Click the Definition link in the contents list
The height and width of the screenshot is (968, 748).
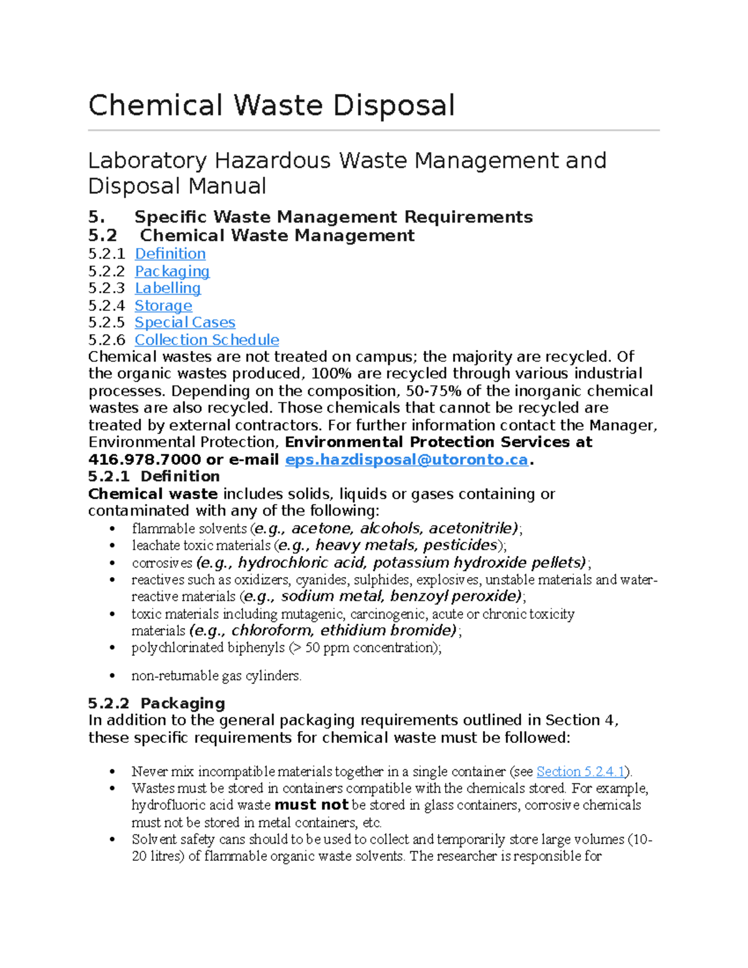(170, 254)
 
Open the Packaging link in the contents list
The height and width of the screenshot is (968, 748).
(172, 271)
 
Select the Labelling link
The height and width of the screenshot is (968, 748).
(168, 288)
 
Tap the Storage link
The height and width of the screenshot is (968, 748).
(163, 305)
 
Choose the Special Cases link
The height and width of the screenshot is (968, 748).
(185, 322)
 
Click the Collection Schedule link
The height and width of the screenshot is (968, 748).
(207, 340)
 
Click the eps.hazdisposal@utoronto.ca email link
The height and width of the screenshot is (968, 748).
(406, 460)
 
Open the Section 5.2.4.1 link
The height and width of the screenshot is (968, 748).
(580, 772)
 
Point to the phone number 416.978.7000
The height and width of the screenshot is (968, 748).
(145, 460)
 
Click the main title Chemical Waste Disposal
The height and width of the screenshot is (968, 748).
(271, 105)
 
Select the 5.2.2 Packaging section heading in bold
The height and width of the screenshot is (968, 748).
(156, 703)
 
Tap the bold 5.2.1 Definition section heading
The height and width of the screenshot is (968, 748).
(154, 476)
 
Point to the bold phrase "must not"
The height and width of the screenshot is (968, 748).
(311, 805)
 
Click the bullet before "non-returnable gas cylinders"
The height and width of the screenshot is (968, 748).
(112, 676)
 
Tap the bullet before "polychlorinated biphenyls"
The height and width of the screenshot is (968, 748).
(112, 648)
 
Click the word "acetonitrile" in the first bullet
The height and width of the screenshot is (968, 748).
(472, 529)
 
